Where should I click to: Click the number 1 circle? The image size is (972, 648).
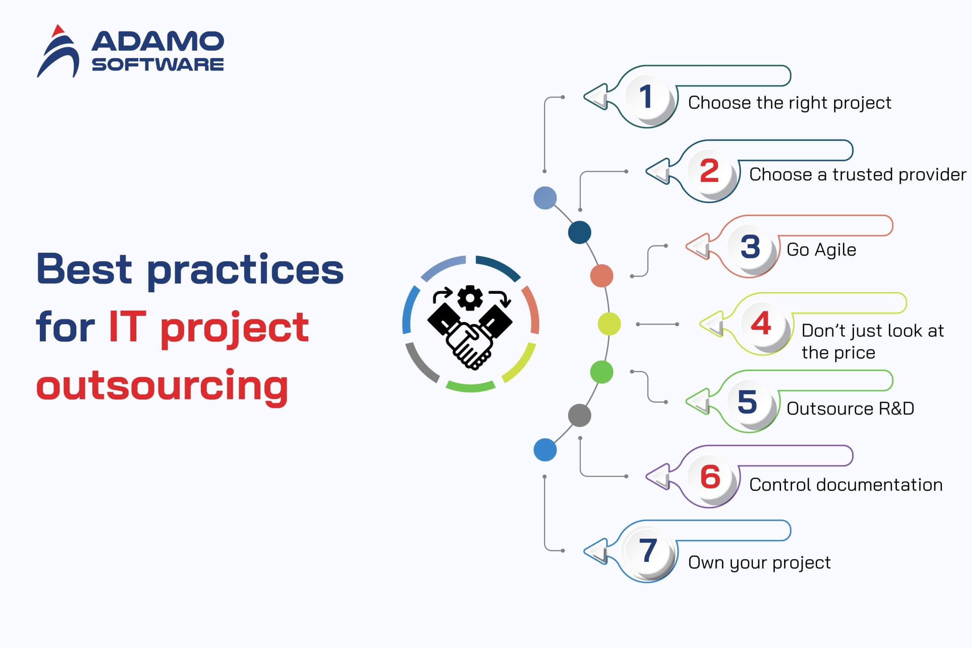(647, 98)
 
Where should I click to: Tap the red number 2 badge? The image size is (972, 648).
(709, 172)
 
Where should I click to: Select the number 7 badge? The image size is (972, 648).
(647, 550)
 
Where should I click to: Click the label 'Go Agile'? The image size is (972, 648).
(821, 250)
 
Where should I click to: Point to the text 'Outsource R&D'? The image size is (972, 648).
(850, 409)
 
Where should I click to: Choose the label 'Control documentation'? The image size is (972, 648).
(846, 485)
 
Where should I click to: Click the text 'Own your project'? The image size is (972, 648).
(759, 563)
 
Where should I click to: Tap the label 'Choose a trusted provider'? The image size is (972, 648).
(858, 175)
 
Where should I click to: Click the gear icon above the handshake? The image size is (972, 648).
(470, 298)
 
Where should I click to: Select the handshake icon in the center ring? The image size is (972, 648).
(470, 335)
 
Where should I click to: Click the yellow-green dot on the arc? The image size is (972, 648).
(609, 324)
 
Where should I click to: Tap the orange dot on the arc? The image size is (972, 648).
(602, 276)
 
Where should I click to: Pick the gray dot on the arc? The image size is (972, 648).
(579, 415)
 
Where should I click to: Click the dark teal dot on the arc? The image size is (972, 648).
(579, 232)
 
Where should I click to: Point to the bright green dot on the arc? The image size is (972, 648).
(602, 372)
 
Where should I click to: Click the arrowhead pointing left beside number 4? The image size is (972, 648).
(712, 324)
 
